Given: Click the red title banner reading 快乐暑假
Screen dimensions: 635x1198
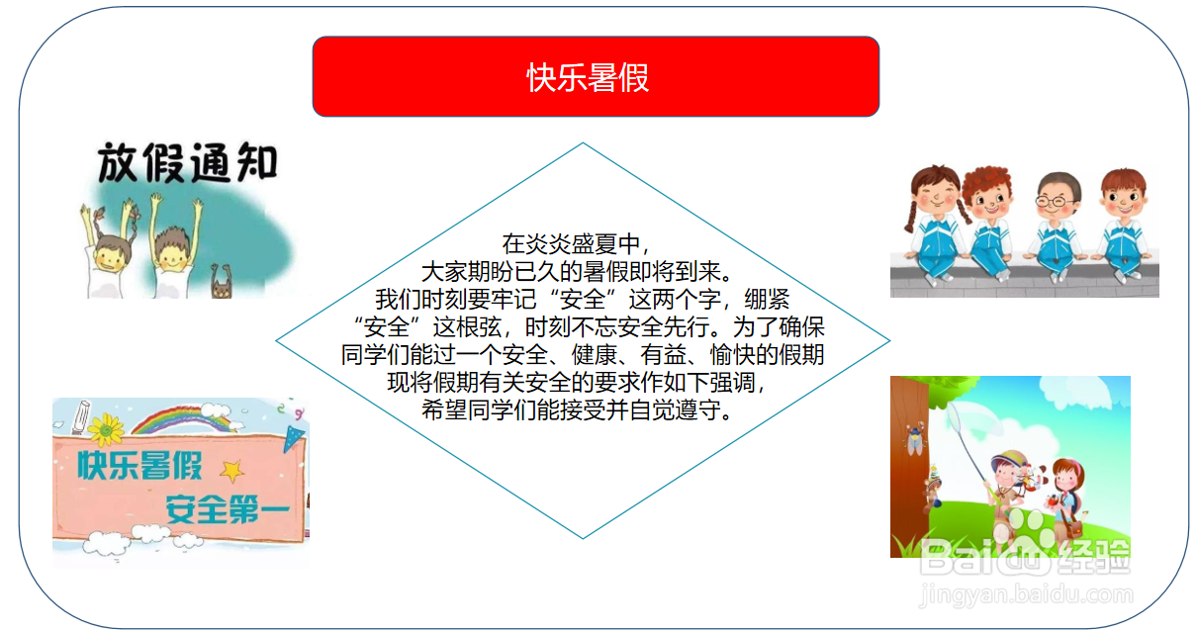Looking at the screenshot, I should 596,77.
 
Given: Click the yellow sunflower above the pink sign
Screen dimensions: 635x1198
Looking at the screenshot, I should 105,428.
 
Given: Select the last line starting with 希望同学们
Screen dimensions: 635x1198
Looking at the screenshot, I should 582,409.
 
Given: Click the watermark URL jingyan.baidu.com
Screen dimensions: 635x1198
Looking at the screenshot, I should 1026,595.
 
